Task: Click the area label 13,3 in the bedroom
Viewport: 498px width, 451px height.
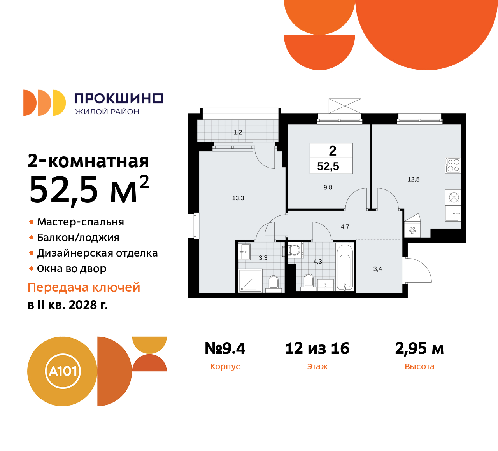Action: click(x=238, y=198)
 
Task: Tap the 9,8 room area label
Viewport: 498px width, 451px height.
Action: click(x=328, y=187)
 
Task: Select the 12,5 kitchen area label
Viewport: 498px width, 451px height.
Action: click(x=414, y=179)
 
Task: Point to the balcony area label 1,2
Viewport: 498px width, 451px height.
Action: click(x=238, y=132)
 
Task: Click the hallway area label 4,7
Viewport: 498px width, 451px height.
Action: click(x=345, y=227)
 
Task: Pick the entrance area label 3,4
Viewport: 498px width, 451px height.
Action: click(x=377, y=269)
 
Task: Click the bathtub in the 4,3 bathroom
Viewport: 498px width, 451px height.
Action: click(x=345, y=267)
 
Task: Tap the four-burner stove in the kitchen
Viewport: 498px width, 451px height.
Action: click(x=453, y=165)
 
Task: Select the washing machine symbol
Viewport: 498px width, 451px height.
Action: click(x=295, y=250)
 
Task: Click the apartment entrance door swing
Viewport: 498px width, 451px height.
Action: click(x=418, y=270)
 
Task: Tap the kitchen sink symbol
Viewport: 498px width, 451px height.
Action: click(x=452, y=213)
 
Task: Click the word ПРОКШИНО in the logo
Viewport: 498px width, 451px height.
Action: click(x=119, y=98)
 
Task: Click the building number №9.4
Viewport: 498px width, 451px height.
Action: click(x=225, y=348)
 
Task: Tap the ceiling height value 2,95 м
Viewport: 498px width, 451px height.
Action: click(x=419, y=348)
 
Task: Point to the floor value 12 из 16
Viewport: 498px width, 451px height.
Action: click(x=317, y=348)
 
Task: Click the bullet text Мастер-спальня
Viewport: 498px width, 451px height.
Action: click(x=81, y=222)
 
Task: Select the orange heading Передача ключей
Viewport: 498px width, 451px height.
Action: click(x=84, y=287)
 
